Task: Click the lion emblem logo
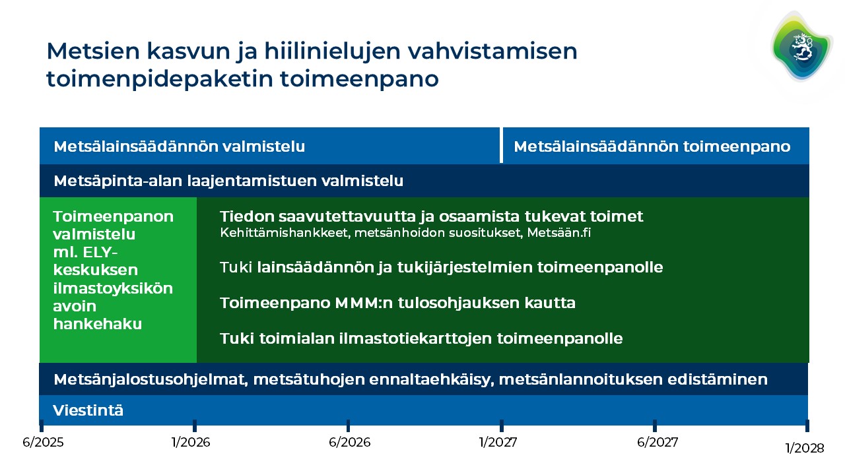(801, 47)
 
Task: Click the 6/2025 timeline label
(43, 442)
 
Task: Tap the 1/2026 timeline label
(191, 442)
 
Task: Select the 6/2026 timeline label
(350, 442)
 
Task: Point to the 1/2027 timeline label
(498, 442)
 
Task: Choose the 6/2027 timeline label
(658, 442)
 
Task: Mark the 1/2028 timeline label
(805, 448)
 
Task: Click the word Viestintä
(88, 410)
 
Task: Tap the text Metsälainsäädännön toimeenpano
(652, 146)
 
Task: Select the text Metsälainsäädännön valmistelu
(179, 146)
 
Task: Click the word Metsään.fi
(559, 233)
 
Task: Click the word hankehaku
(98, 324)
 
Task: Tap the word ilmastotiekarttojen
(415, 338)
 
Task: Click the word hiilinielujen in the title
(332, 51)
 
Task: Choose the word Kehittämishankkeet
(285, 233)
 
